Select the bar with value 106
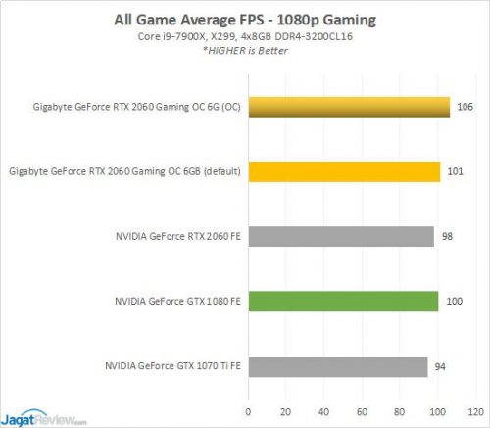[349, 107]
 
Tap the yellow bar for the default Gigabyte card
[344, 171]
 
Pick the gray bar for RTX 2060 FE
[341, 236]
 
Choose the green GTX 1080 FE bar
[343, 301]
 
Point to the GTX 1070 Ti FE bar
[337, 366]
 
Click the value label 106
[465, 107]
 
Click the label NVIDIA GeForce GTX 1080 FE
[173, 301]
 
